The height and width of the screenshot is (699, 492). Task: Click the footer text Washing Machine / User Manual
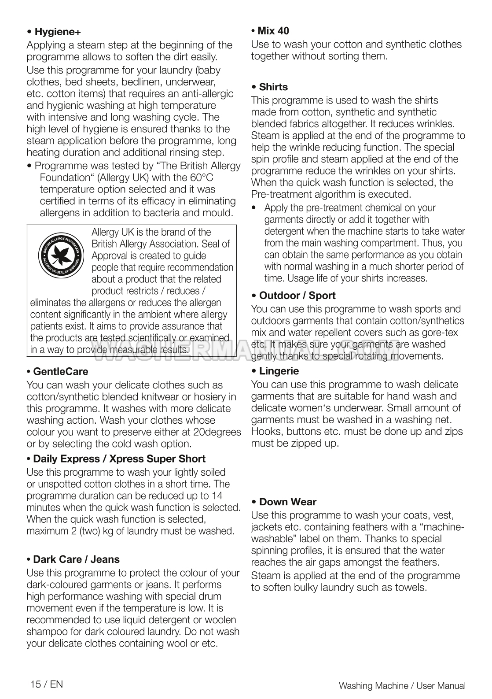click(402, 685)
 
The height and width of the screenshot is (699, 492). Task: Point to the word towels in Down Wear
click(411, 588)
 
